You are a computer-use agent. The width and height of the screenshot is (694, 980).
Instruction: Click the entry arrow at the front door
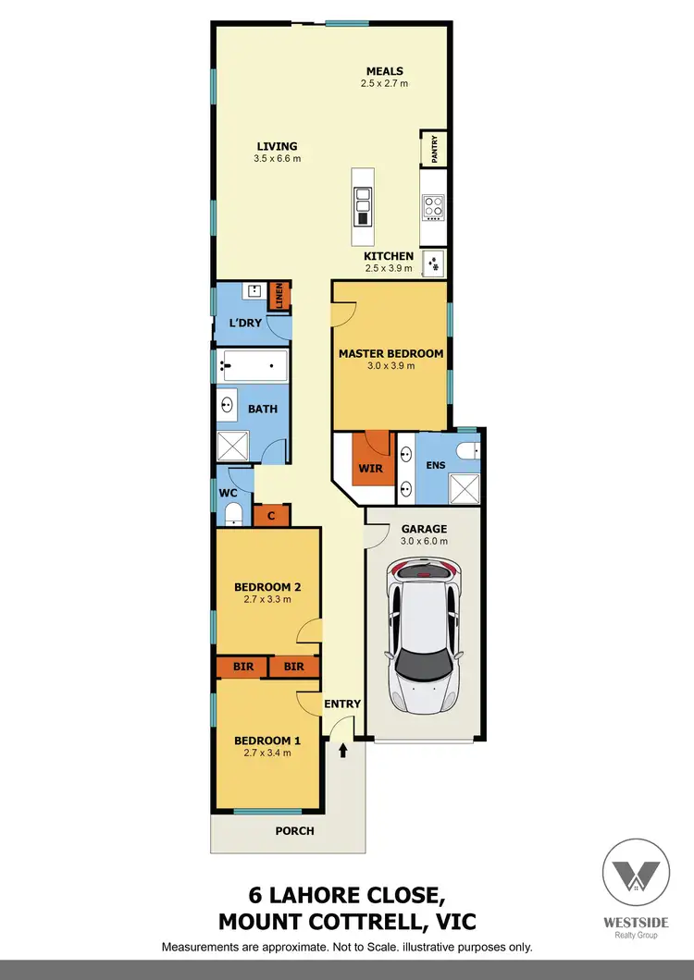344,751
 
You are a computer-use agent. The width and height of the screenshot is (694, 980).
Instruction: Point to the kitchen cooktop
432,206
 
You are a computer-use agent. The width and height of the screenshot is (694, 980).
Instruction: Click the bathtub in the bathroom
254,366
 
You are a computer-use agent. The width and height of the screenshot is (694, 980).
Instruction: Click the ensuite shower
465,487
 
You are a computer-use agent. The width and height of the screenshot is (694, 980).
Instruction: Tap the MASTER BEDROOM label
390,353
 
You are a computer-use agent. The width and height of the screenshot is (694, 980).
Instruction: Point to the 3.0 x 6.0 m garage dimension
424,543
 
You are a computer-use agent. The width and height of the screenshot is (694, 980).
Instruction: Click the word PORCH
295,830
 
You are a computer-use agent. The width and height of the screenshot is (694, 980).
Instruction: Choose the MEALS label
384,71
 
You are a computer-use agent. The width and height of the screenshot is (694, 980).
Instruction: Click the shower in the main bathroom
234,447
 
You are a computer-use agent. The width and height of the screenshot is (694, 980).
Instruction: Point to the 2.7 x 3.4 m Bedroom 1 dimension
267,753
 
